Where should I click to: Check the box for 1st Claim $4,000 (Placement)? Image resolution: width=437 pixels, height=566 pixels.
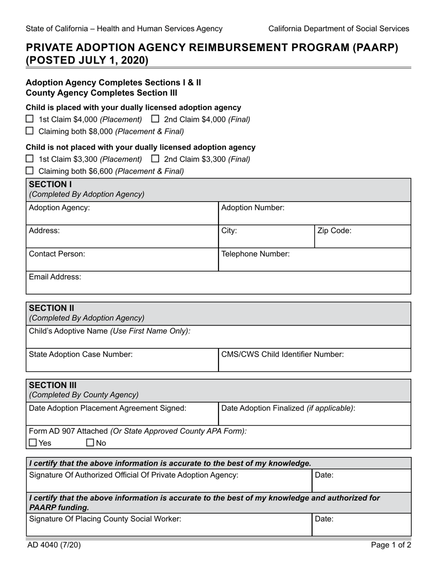tap(29, 119)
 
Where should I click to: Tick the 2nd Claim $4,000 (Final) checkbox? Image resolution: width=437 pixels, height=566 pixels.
tap(155, 119)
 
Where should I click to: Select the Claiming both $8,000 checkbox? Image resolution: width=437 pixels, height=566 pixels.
tap(29, 131)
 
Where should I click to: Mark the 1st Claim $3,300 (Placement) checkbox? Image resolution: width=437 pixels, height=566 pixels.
tap(29, 159)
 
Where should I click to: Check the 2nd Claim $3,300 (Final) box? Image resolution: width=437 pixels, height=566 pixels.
tap(155, 159)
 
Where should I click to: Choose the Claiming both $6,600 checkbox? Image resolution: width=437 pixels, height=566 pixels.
tap(29, 171)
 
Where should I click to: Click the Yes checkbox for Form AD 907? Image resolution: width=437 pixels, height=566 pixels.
tap(33, 443)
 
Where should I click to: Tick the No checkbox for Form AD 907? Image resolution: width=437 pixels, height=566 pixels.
tap(90, 443)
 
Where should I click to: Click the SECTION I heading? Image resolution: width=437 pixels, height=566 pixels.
tap(51, 185)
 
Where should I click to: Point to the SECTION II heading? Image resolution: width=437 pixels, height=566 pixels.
tap(52, 308)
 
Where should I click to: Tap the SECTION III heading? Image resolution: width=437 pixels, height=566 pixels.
tap(53, 385)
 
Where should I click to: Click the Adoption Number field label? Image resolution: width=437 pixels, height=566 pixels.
tap(253, 208)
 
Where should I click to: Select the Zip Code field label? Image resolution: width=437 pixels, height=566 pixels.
tap(334, 231)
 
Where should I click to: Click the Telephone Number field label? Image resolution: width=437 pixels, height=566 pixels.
tap(255, 254)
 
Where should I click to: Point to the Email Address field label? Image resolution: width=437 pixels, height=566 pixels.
tap(55, 277)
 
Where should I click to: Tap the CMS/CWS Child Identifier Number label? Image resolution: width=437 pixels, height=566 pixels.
tap(282, 354)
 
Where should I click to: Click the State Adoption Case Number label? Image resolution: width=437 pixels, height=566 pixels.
tap(80, 354)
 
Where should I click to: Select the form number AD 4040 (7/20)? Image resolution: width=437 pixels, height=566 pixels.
tap(54, 545)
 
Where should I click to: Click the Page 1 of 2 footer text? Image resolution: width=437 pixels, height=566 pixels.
tap(391, 545)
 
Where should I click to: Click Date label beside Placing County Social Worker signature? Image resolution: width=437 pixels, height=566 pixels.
tap(324, 519)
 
